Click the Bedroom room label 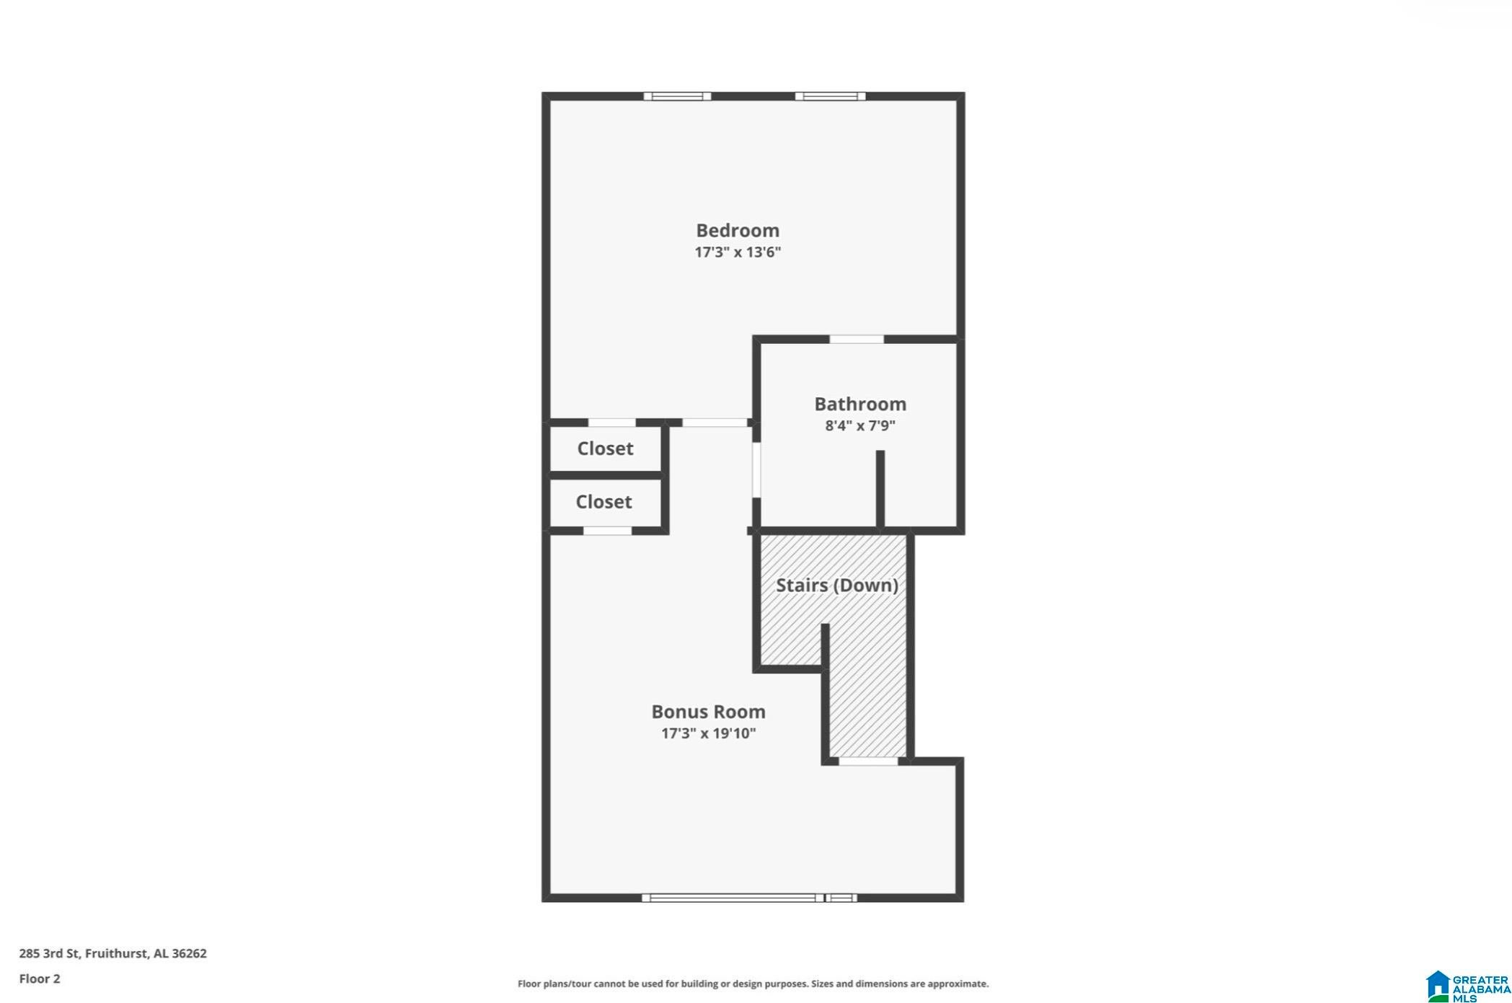[x=738, y=231]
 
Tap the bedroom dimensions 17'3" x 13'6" [x=738, y=252]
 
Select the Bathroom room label [x=860, y=404]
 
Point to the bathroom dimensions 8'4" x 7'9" [x=860, y=425]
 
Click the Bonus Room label [x=709, y=712]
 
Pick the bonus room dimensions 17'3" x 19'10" [x=709, y=733]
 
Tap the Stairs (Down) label [x=837, y=585]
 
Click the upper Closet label [x=605, y=449]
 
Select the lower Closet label [x=604, y=502]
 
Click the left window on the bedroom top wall [x=677, y=97]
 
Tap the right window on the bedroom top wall [x=830, y=97]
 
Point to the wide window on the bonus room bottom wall [x=749, y=898]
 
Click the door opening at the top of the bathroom [x=857, y=339]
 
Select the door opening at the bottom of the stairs [x=868, y=761]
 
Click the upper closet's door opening [x=612, y=423]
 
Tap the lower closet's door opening [x=607, y=531]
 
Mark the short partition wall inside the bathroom [x=880, y=490]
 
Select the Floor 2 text [x=40, y=978]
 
